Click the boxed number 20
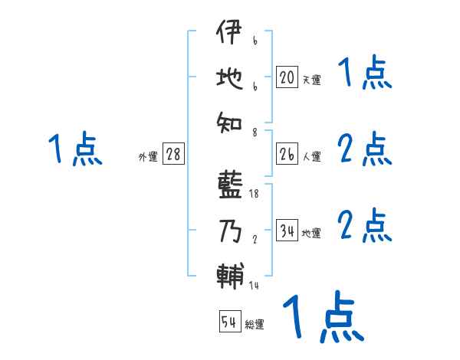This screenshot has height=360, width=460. point(287,77)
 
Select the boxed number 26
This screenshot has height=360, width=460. point(287,155)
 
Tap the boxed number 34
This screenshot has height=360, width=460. point(287,231)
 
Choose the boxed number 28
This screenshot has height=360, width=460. point(173,155)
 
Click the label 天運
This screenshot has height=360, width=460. point(311,79)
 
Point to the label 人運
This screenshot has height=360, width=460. point(311,157)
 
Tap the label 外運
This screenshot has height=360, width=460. point(148,157)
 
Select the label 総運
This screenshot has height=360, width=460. point(255,324)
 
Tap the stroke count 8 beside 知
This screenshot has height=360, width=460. point(255,133)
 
